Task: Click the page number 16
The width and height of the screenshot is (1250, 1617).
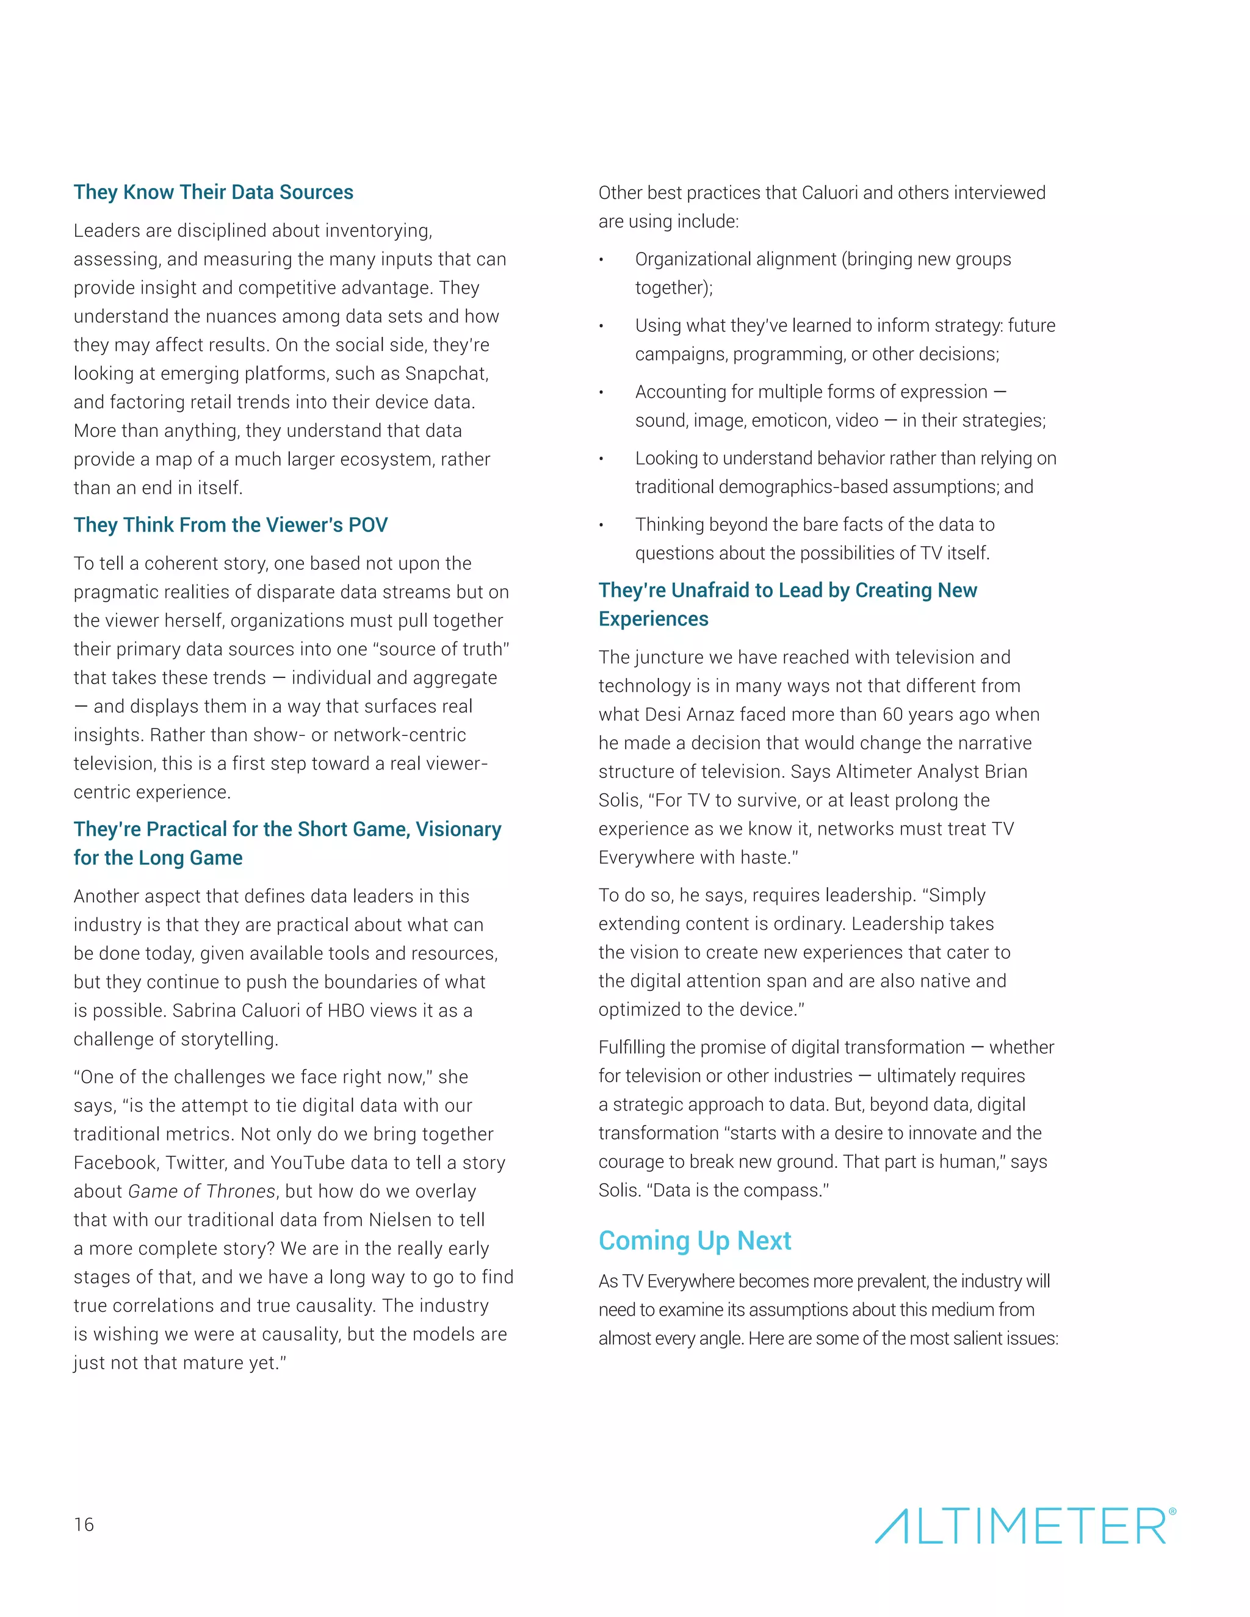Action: (84, 1524)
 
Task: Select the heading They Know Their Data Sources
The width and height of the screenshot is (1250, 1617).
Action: (213, 192)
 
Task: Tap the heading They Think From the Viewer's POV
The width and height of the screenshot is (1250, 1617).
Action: (230, 525)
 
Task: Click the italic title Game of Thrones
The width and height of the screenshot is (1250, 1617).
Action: (201, 1191)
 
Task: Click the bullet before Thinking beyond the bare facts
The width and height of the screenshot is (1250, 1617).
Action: (602, 525)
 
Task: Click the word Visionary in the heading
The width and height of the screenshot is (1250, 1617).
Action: (458, 829)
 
